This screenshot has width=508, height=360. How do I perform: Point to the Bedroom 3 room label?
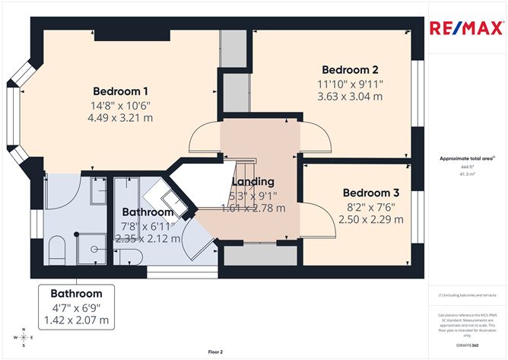370,193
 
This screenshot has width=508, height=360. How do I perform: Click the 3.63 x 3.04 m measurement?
350,97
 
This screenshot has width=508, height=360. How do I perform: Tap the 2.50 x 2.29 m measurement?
370,221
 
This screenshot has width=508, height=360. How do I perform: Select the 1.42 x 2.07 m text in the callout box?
76,320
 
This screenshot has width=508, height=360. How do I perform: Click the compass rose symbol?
24,336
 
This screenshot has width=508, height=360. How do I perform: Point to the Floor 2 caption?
215,352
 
